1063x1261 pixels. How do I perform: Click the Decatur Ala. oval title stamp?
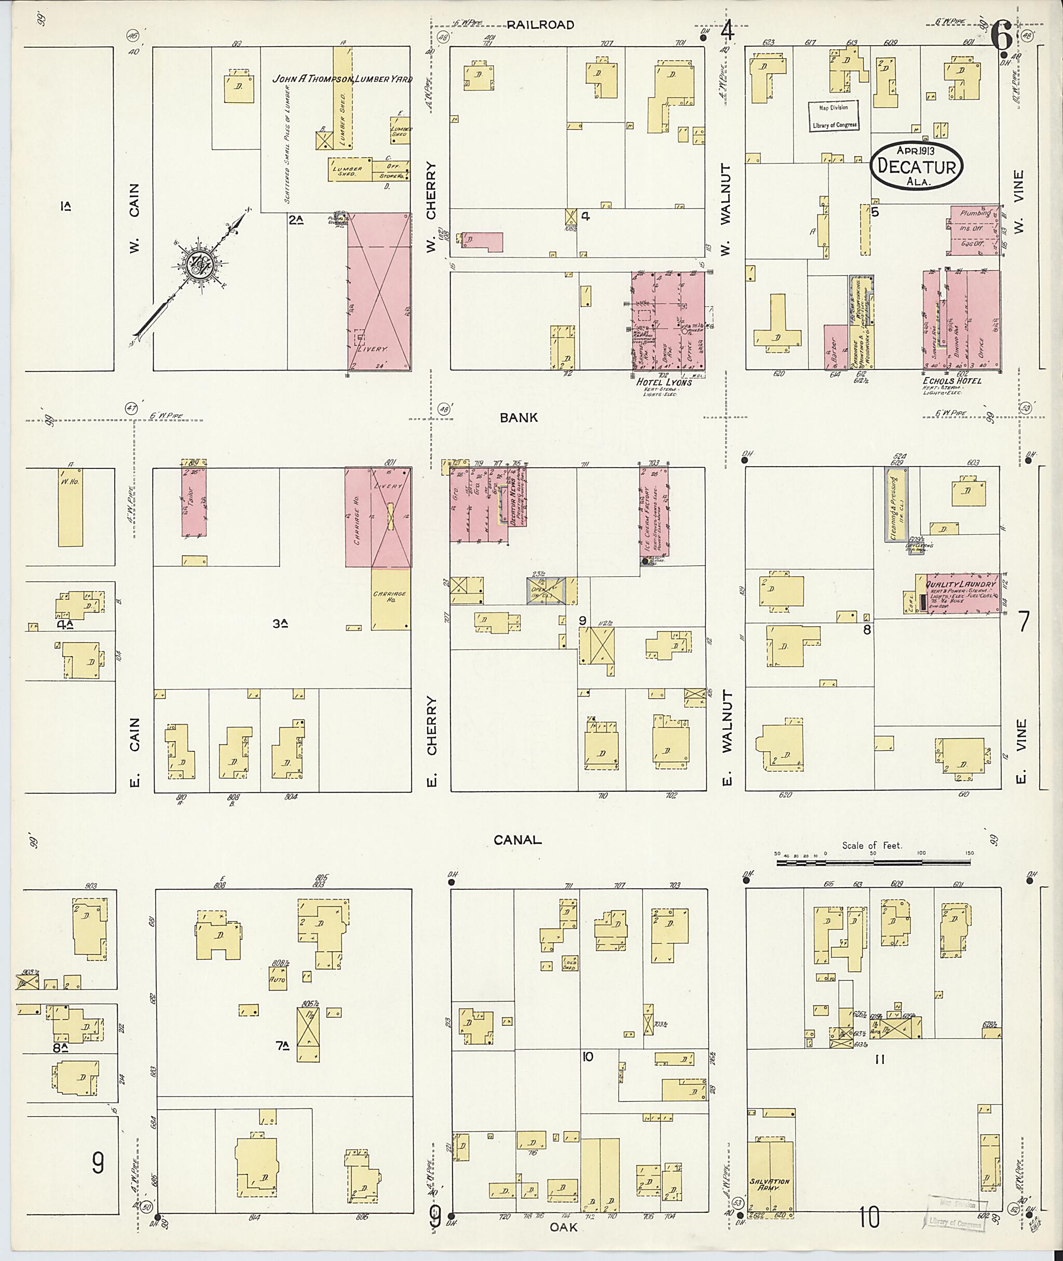[917, 166]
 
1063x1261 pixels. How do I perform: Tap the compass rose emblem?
[198, 263]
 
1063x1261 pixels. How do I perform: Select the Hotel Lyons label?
[663, 382]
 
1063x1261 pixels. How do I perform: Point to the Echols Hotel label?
[951, 381]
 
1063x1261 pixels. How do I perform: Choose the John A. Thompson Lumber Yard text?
[342, 79]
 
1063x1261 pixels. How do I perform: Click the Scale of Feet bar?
[873, 863]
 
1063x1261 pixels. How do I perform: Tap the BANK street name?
[518, 417]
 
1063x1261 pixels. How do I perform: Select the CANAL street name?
[517, 839]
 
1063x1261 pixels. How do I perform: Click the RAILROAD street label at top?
[540, 25]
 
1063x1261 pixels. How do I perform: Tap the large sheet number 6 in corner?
[1001, 37]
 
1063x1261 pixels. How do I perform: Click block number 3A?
[279, 625]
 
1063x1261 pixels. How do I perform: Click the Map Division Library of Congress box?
[834, 116]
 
